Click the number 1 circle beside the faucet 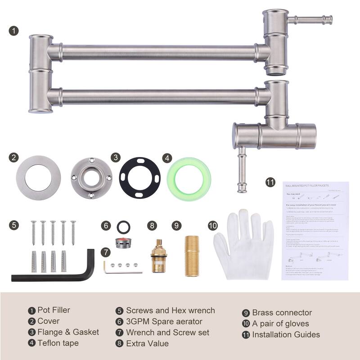pyautogui.click(x=14, y=31)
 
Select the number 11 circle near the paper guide pyautogui.click(x=270, y=182)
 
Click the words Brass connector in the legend pyautogui.click(x=282, y=313)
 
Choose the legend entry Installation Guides pyautogui.click(x=286, y=334)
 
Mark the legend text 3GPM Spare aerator pyautogui.click(x=164, y=321)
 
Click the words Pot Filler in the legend pyautogui.click(x=54, y=310)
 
